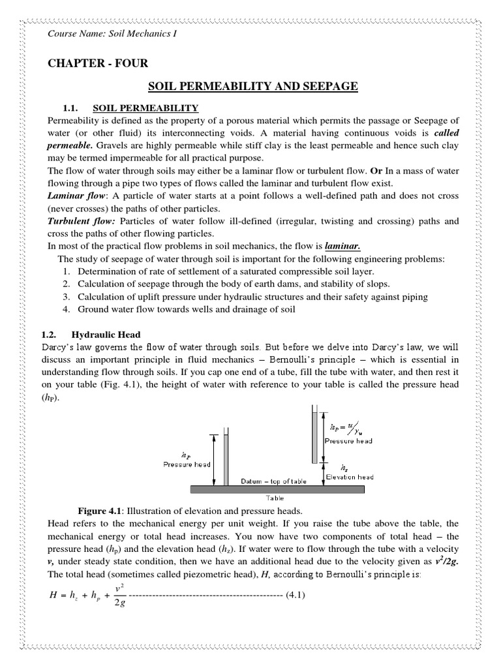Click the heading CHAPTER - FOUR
coord(98,63)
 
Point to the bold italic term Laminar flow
coord(74,196)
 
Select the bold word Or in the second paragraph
coord(369,171)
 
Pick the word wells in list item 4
coord(196,309)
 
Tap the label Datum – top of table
coord(273,481)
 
